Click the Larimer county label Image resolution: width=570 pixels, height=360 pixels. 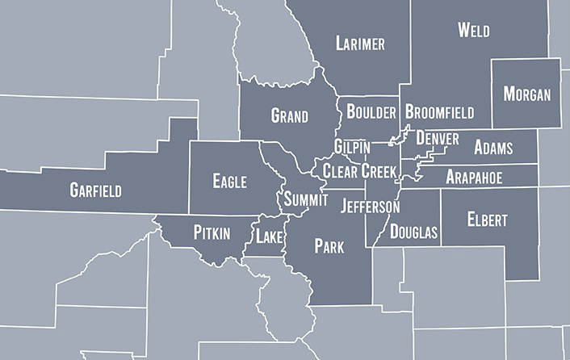pyautogui.click(x=360, y=43)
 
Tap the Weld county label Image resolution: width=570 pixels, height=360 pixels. pyautogui.click(x=473, y=30)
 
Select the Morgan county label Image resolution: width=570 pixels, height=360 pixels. pyautogui.click(x=526, y=94)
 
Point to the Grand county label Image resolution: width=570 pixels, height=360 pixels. pyautogui.click(x=289, y=116)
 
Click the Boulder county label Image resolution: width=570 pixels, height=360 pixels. pyautogui.click(x=371, y=112)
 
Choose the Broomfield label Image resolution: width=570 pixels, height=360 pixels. pyautogui.click(x=439, y=112)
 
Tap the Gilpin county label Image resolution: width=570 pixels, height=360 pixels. pyautogui.click(x=353, y=147)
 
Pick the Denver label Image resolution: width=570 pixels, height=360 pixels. pyautogui.click(x=438, y=139)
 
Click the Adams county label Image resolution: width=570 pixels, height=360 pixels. pyautogui.click(x=492, y=148)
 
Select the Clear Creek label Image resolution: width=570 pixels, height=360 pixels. pyautogui.click(x=359, y=170)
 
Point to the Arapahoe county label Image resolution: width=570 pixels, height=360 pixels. pyautogui.click(x=474, y=177)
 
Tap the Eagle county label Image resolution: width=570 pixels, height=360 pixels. pyautogui.click(x=229, y=181)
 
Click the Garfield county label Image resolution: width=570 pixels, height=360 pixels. pyautogui.click(x=95, y=190)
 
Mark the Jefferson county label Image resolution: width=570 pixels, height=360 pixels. pyautogui.click(x=370, y=207)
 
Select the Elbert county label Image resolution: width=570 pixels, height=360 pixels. pyautogui.click(x=486, y=219)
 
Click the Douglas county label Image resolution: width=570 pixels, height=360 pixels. pyautogui.click(x=413, y=232)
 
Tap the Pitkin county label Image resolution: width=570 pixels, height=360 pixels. pyautogui.click(x=212, y=233)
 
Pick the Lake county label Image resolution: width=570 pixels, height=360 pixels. pyautogui.click(x=269, y=237)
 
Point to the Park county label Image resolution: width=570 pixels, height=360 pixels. pyautogui.click(x=329, y=245)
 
